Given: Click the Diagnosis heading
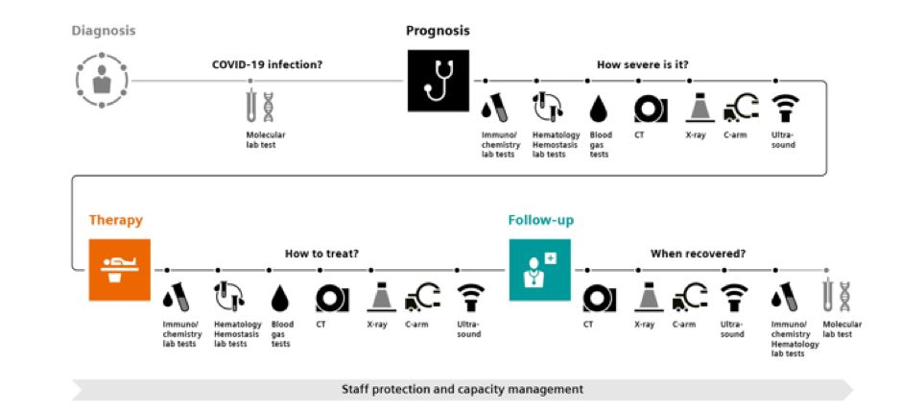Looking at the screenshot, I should tap(104, 30).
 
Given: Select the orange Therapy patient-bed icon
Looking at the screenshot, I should tap(120, 270).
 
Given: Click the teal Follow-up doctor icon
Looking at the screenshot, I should tap(539, 270).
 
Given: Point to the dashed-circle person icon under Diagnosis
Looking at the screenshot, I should tap(102, 81).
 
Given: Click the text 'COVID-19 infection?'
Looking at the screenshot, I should tap(267, 65).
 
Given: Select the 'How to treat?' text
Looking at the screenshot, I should tap(321, 255).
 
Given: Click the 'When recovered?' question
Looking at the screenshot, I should tap(698, 255).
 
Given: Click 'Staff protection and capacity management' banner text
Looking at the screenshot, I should tap(462, 389).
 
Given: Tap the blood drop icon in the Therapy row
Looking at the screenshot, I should tap(281, 296).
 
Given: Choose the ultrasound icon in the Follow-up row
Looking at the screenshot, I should tap(734, 296).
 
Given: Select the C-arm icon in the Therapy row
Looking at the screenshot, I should tap(422, 296).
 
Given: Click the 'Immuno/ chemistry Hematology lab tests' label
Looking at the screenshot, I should tap(795, 338).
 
